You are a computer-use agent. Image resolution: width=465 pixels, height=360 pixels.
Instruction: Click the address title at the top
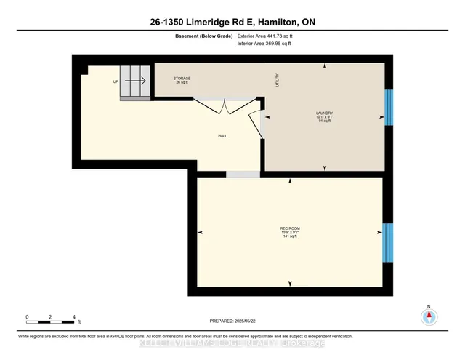tap(232, 23)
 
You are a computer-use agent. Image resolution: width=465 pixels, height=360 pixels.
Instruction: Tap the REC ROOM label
tap(290, 229)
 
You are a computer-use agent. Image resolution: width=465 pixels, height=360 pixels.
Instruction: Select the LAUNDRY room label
tap(324, 113)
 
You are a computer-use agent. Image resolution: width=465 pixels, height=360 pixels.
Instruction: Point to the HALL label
tap(225, 136)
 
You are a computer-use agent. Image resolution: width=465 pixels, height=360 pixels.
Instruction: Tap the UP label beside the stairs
tap(116, 81)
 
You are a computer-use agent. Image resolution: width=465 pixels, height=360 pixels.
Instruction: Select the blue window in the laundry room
tap(388, 107)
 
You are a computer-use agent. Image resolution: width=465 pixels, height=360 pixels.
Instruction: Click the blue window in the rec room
tap(387, 241)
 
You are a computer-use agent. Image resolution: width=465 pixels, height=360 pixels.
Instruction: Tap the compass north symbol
tap(429, 316)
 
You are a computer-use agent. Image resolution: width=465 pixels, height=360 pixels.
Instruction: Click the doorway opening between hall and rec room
tap(243, 175)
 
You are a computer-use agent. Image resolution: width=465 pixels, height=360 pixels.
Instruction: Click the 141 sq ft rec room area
tap(290, 238)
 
